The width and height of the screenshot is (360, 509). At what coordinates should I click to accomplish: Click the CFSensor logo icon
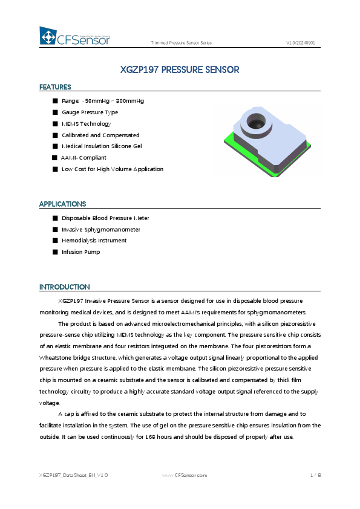click(x=48, y=36)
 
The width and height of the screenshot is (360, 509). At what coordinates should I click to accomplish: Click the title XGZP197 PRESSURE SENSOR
click(x=180, y=70)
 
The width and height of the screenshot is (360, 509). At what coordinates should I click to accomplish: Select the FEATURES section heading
click(x=55, y=87)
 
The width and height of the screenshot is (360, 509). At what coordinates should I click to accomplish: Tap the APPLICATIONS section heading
click(x=62, y=204)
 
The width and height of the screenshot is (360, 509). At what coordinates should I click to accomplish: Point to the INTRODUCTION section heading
click(x=64, y=287)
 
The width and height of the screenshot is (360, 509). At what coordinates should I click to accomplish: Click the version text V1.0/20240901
click(x=300, y=43)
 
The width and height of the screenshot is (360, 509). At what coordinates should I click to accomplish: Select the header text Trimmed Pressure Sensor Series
click(x=181, y=43)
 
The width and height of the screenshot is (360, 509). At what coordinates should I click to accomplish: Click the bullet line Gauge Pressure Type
click(x=90, y=112)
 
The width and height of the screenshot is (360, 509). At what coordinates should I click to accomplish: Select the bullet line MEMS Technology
click(x=87, y=124)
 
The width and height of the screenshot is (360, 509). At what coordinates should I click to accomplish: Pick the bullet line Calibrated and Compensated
click(x=100, y=135)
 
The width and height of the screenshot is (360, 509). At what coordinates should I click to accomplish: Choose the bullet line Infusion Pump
click(x=80, y=252)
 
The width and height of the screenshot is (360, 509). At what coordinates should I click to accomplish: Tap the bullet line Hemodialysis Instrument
click(x=94, y=241)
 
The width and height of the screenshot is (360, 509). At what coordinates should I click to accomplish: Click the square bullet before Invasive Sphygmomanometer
click(x=55, y=230)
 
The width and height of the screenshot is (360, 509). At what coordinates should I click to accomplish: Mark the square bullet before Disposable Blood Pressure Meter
click(x=55, y=218)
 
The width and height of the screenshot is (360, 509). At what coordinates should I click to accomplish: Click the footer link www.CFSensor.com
click(x=185, y=476)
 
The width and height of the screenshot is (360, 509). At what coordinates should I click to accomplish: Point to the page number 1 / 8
click(x=315, y=476)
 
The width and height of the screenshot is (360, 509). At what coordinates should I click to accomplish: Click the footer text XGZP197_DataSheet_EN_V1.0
click(x=74, y=476)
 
